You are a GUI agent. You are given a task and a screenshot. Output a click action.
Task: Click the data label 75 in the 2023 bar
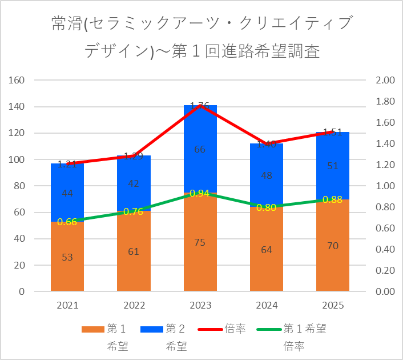pyautogui.click(x=200, y=242)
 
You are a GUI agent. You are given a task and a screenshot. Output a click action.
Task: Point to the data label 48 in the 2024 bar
pyautogui.click(x=266, y=176)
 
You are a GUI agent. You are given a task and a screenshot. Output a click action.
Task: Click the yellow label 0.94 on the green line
pyautogui.click(x=200, y=193)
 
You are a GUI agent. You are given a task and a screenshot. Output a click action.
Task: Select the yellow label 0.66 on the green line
pyautogui.click(x=67, y=222)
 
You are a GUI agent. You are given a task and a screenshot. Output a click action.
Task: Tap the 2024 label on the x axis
pyautogui.click(x=266, y=306)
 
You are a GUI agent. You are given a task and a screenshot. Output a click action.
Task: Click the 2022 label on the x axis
pyautogui.click(x=134, y=306)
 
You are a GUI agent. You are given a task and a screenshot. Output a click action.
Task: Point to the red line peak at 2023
pyautogui.click(x=200, y=106)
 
